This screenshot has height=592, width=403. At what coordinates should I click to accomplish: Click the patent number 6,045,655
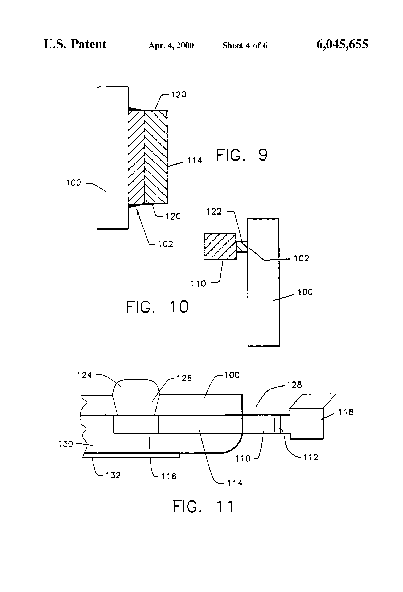[x=342, y=44]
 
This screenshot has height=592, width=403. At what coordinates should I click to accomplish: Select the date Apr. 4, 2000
[x=171, y=46]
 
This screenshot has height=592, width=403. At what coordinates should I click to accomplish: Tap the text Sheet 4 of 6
[x=245, y=46]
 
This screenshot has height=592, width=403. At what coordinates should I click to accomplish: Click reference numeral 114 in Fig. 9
[x=195, y=161]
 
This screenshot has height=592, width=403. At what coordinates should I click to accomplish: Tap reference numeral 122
[x=214, y=211]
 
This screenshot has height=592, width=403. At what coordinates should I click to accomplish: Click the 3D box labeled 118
[x=307, y=423]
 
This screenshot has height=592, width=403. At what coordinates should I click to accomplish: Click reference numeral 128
[x=294, y=385]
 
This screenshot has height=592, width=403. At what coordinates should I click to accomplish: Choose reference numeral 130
[x=65, y=444]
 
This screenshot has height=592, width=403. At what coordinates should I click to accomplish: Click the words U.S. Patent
[x=75, y=44]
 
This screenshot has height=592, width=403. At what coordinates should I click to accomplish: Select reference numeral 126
[x=184, y=378]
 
